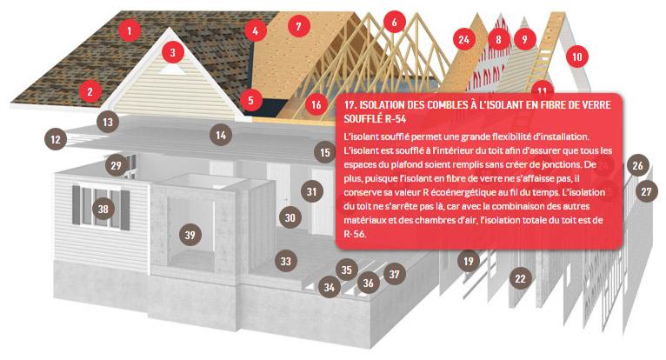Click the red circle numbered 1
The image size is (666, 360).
pos(130,30)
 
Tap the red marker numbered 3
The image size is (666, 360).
pos(172,52)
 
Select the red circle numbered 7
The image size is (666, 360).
pos(298,26)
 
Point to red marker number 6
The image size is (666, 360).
pos(394,22)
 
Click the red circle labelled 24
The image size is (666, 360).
pos(463,39)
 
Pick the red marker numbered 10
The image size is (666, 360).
pos(576,57)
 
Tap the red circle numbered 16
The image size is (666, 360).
pos(316,104)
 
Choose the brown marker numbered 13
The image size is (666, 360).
pos(108,122)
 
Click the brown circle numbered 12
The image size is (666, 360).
pos(56,139)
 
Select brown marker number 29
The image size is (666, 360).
pos(116,165)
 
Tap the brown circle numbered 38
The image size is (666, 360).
pos(103,209)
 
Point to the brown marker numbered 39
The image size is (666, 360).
pos(190,235)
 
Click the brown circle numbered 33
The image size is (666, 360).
pos(285,261)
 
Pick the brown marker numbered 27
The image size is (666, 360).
pos(647,191)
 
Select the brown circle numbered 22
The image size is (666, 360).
pos(520,278)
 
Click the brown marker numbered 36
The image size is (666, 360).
pos(369,283)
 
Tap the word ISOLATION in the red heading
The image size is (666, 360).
pos(381,105)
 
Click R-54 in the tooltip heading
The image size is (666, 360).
pos(396,118)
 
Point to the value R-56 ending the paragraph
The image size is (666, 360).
pos(354,234)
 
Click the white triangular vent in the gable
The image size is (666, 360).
pos(172,69)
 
